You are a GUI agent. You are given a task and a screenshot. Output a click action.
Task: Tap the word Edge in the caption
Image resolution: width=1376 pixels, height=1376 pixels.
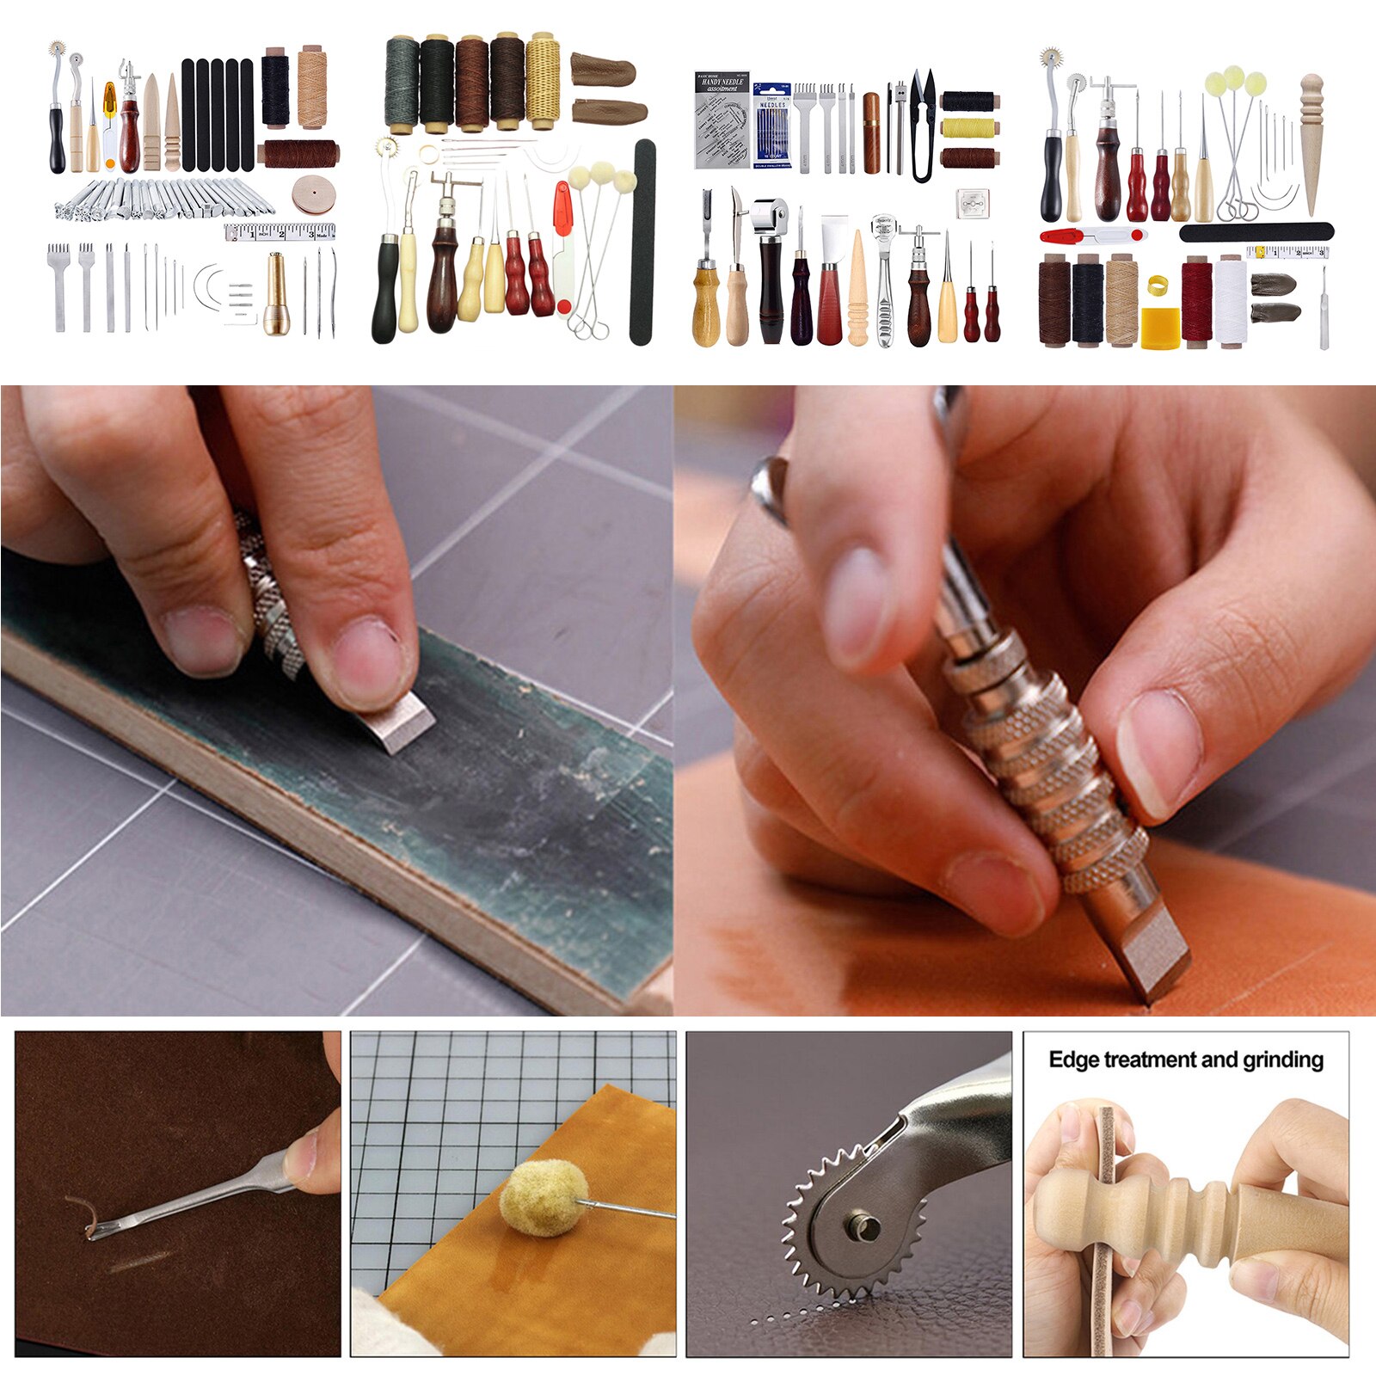(1073, 1060)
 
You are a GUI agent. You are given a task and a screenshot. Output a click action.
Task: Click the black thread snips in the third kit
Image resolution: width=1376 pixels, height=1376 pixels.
(921, 126)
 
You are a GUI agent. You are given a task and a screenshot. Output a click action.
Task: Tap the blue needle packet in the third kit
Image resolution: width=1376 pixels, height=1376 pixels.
(771, 125)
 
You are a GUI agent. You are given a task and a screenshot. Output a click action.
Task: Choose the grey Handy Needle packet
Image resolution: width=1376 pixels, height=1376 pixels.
(722, 120)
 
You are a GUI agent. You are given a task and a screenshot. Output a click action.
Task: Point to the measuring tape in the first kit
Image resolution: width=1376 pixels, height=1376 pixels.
(279, 232)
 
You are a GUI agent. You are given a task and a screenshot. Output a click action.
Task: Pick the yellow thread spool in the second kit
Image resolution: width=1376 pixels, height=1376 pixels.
(543, 83)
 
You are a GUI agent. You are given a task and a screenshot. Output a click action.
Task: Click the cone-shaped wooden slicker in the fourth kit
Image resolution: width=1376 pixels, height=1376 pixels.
(1310, 143)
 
